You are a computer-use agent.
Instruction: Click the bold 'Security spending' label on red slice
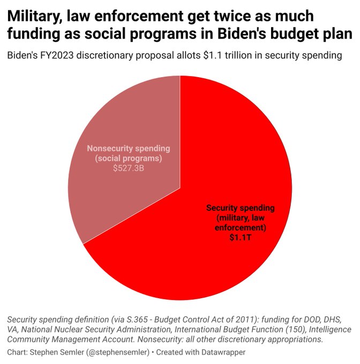(x=240, y=207)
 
